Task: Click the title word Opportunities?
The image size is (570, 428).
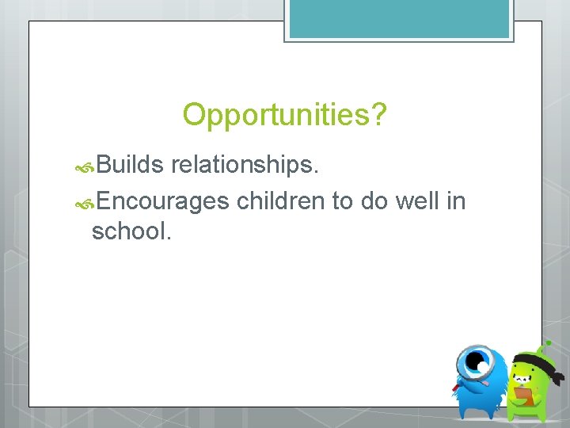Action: (x=285, y=116)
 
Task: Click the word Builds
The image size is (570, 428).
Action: (x=131, y=165)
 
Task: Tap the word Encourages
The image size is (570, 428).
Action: (x=164, y=201)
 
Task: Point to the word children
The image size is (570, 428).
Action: (x=280, y=201)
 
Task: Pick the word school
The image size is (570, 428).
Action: (x=131, y=231)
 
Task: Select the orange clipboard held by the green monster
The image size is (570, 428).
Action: (x=523, y=394)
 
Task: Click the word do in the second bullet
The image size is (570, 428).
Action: (x=374, y=201)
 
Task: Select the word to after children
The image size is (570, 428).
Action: (x=342, y=201)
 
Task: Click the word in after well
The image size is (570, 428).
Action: (x=456, y=201)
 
